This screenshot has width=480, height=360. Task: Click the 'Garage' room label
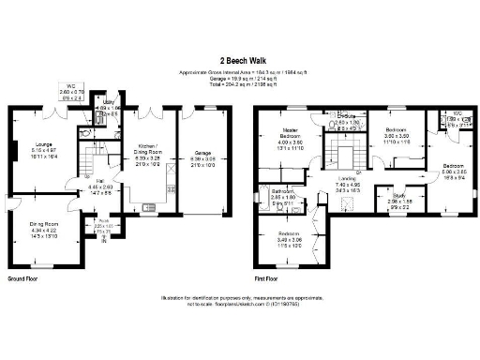[202, 152]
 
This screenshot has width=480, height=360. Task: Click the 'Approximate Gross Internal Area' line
[240, 71]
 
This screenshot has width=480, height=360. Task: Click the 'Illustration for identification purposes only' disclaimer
[240, 295]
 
